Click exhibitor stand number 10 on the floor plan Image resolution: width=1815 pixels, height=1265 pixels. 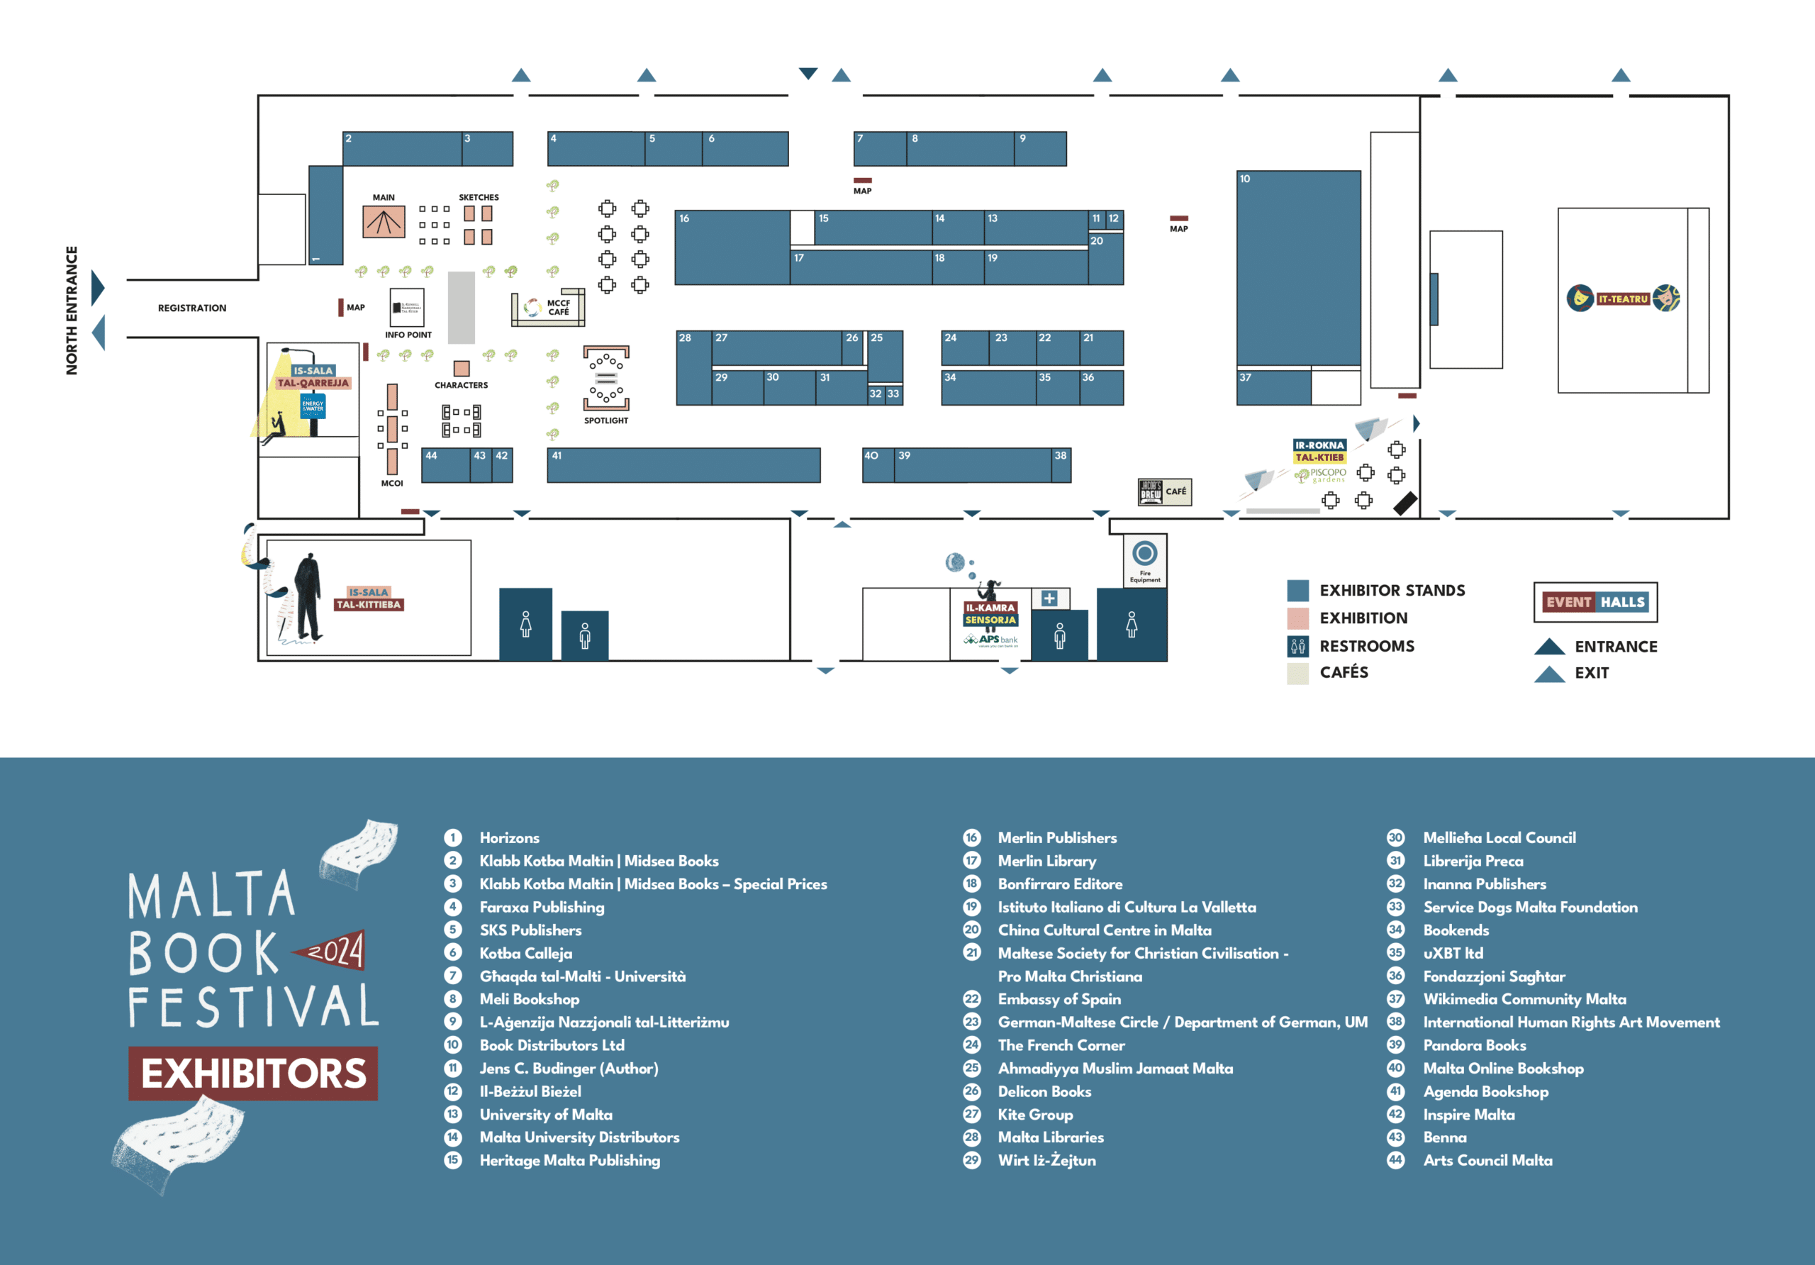pyautogui.click(x=1298, y=269)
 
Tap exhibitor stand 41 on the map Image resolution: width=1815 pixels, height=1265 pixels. pyautogui.click(x=683, y=465)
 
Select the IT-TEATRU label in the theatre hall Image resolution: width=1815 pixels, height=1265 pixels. pyautogui.click(x=1623, y=299)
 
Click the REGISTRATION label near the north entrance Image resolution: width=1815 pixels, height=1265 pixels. pyautogui.click(x=192, y=308)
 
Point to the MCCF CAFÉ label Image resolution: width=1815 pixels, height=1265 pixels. pyautogui.click(x=558, y=308)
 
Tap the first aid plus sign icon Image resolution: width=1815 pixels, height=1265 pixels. pyautogui.click(x=1049, y=598)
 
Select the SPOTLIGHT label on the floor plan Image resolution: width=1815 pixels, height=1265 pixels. pyautogui.click(x=606, y=420)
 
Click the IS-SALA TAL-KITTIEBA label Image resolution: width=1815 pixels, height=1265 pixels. pyautogui.click(x=369, y=598)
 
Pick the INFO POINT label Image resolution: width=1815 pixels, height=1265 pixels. pyautogui.click(x=408, y=335)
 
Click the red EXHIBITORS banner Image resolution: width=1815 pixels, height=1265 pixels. pyautogui.click(x=253, y=1073)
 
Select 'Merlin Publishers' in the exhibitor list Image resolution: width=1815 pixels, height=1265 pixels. pyautogui.click(x=1057, y=837)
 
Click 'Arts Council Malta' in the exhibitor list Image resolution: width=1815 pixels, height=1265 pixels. pyautogui.click(x=1487, y=1160)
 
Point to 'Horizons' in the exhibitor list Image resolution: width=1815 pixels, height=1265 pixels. pyautogui.click(x=509, y=837)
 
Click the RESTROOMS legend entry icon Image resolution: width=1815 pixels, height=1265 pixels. pyautogui.click(x=1297, y=646)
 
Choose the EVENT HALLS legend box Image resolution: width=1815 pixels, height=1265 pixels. pyautogui.click(x=1595, y=603)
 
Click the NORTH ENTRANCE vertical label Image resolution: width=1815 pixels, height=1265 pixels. pyautogui.click(x=72, y=310)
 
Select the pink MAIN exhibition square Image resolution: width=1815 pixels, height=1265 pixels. pyautogui.click(x=384, y=221)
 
